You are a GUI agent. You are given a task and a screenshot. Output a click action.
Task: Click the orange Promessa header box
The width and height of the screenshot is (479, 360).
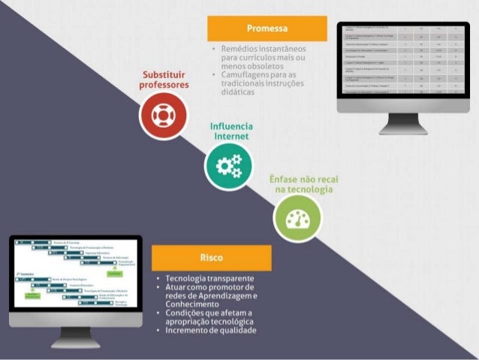267,29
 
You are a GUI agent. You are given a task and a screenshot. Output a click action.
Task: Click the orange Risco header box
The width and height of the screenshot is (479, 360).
211,257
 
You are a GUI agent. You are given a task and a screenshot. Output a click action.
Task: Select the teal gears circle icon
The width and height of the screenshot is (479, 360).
228,166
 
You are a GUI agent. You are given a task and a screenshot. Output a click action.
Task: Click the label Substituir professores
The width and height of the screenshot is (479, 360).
164,80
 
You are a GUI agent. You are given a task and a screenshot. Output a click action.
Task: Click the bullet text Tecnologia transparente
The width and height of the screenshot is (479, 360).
209,278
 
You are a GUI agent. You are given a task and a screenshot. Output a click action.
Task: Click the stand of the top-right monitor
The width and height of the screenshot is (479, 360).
403,124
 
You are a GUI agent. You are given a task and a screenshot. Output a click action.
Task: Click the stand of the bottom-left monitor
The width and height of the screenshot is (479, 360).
75,337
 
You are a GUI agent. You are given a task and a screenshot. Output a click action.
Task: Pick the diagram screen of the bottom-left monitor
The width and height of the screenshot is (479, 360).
75,274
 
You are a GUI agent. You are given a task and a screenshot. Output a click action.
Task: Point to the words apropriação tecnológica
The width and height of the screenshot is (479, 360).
209,322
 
